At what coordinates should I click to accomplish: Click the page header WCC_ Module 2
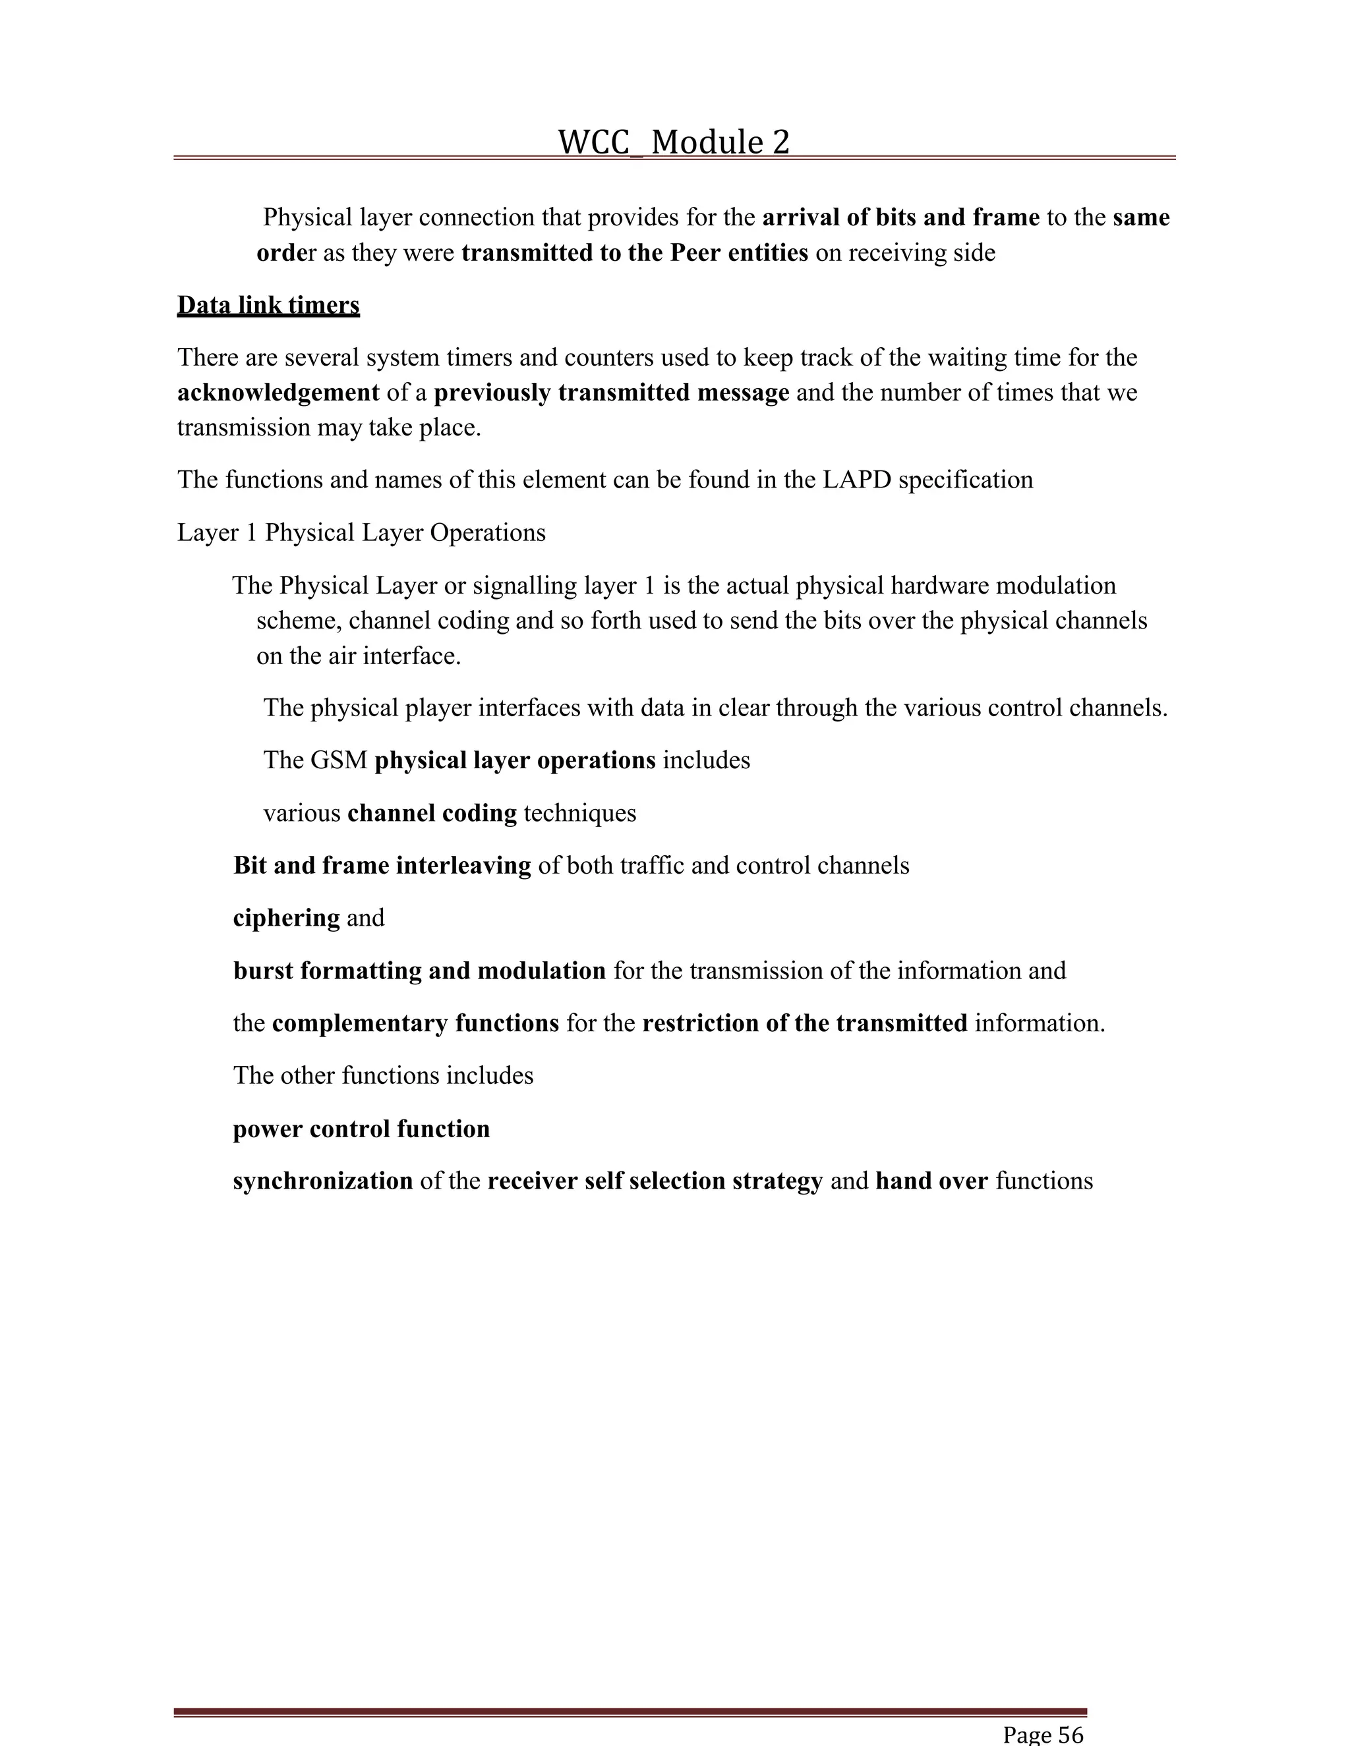[674, 142]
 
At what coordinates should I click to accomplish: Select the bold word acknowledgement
[278, 393]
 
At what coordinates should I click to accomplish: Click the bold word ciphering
[286, 918]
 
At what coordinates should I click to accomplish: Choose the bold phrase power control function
[361, 1129]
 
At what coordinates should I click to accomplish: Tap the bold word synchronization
[322, 1181]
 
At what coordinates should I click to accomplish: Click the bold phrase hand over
[931, 1181]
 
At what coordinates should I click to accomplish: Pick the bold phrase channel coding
[432, 813]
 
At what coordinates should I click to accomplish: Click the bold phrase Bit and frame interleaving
[382, 865]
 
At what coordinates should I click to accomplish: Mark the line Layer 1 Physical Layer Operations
[361, 532]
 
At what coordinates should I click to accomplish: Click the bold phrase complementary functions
[415, 1023]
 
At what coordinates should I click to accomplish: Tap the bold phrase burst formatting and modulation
[419, 971]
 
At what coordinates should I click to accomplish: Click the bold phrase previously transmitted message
[611, 393]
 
